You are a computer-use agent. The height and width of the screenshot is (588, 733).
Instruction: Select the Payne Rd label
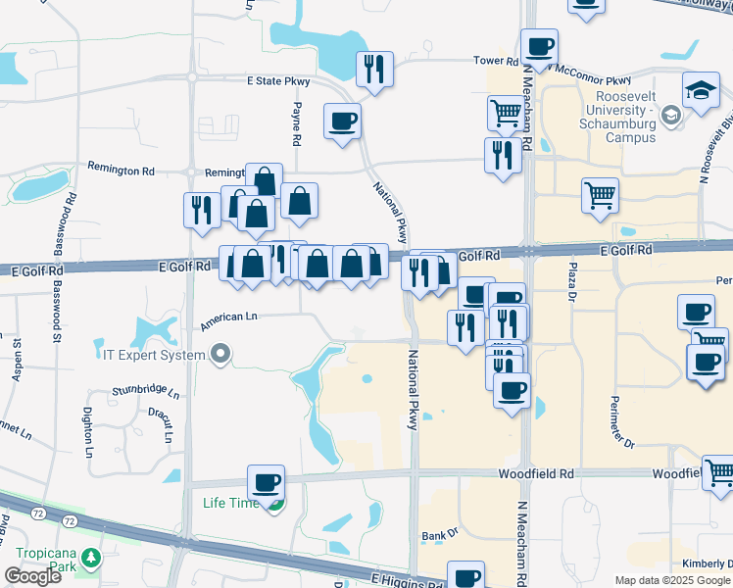tap(297, 123)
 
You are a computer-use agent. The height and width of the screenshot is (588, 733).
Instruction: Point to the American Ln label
tap(227, 318)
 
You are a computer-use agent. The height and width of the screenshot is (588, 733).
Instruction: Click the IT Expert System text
tap(154, 354)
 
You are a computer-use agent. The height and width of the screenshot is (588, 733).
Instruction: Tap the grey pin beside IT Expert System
tap(222, 354)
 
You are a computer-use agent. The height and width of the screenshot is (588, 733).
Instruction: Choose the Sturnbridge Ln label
tap(146, 392)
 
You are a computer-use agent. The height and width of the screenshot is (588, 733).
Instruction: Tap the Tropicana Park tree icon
tap(91, 558)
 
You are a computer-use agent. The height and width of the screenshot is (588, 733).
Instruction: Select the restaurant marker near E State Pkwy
tap(374, 70)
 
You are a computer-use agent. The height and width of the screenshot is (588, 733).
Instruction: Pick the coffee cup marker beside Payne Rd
tap(341, 122)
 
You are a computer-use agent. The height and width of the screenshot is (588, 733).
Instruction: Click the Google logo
tap(31, 575)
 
